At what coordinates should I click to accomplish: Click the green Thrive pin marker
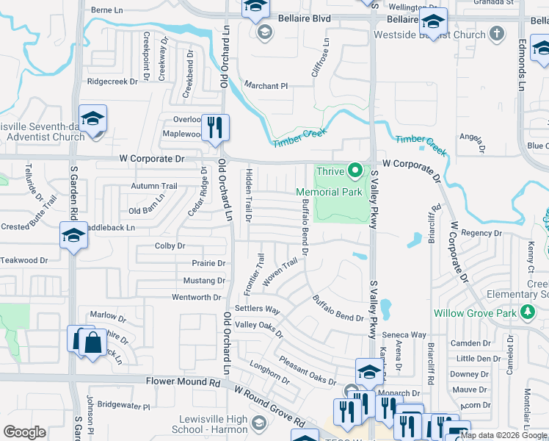356,171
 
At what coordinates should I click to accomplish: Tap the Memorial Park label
330,193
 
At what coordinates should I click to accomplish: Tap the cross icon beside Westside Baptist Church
497,34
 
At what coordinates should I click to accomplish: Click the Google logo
24,431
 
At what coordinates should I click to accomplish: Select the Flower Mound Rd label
183,382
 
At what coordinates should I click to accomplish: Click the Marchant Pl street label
266,86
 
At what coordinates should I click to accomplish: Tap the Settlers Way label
257,310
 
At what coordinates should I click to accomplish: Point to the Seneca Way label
408,334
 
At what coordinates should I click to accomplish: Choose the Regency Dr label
481,233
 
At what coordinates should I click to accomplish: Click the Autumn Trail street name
154,186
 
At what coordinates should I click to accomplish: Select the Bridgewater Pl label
123,406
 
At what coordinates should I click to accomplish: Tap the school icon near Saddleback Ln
73,234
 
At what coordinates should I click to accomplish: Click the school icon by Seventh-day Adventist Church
93,118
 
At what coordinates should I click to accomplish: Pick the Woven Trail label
280,272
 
